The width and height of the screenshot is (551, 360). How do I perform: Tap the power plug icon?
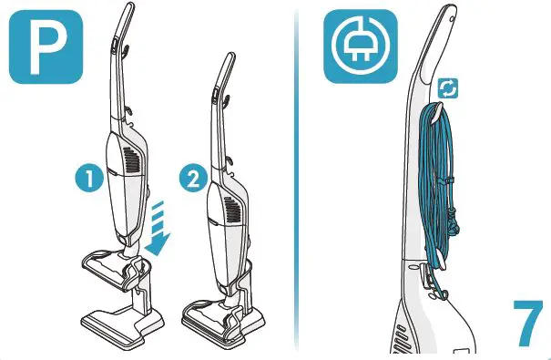tap(361, 47)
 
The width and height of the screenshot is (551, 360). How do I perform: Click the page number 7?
tap(523, 320)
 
